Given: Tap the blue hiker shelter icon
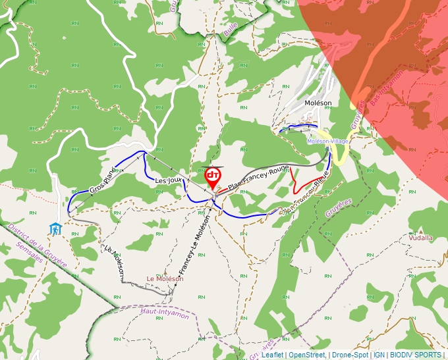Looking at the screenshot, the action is (55, 228).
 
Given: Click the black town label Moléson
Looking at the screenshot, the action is (318, 103).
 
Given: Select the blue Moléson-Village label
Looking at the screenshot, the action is (327, 141).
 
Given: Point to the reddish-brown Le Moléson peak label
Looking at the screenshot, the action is (165, 278).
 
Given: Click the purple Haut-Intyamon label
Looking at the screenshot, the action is (164, 313).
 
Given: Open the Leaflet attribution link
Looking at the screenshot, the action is (272, 355).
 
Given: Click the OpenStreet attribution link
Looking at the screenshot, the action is (307, 355).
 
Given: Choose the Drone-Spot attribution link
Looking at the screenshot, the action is (349, 355).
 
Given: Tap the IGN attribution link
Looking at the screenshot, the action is (379, 355).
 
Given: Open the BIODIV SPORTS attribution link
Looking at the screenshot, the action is (416, 355).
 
